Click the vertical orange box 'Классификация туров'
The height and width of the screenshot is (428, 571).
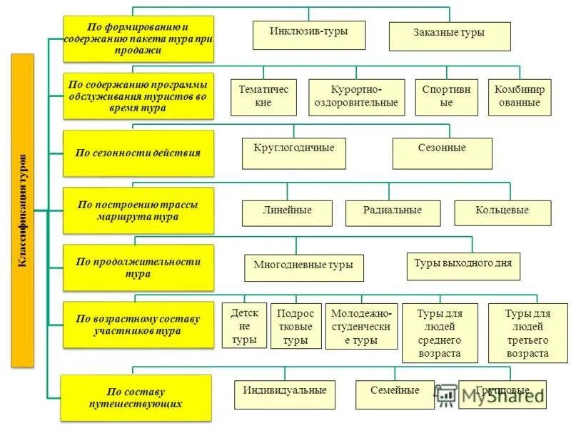(23, 210)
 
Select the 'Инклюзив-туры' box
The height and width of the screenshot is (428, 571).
(309, 35)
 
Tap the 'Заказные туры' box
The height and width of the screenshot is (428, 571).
(449, 36)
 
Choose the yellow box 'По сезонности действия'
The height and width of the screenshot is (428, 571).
(138, 153)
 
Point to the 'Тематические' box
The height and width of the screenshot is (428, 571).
(263, 97)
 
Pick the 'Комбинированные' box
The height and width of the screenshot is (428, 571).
(520, 97)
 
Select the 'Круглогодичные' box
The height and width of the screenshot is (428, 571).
(293, 153)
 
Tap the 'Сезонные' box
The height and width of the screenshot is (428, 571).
(442, 153)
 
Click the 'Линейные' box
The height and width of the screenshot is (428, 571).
(287, 213)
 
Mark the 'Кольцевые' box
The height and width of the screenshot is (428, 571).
(502, 213)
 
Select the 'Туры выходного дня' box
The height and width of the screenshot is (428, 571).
(463, 265)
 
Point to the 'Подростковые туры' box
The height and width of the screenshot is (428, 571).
(295, 326)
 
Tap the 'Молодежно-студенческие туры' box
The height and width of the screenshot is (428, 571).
(361, 327)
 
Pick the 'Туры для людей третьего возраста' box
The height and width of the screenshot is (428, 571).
(527, 333)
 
